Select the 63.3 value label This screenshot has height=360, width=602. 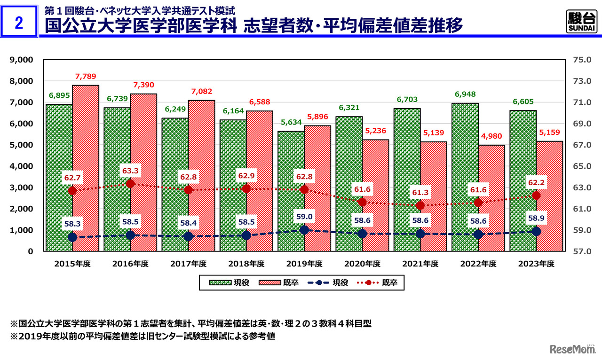(130, 171)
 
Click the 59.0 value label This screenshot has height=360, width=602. (304, 217)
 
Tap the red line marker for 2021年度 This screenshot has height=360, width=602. (420, 206)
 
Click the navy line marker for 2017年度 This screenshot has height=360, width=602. (188, 236)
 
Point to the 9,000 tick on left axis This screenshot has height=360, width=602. (21, 60)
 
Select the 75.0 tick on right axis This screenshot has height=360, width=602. (582, 60)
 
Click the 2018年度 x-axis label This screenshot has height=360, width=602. (246, 264)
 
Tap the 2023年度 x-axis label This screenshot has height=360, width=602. (536, 264)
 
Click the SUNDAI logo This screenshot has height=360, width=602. (581, 22)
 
